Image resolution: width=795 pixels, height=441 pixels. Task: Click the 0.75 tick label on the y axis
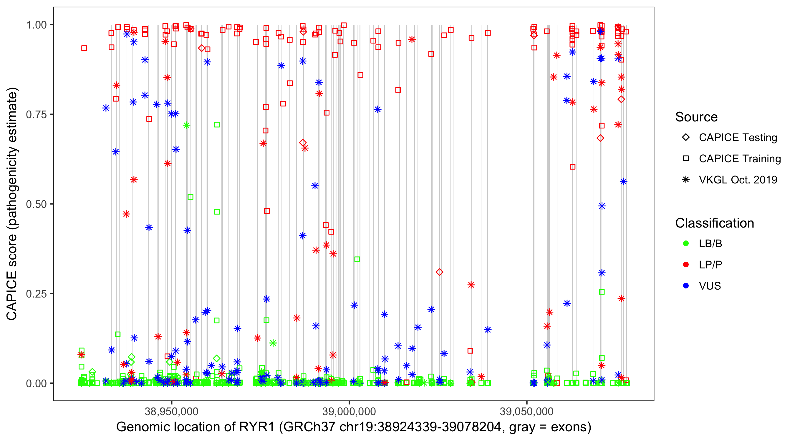tap(36, 115)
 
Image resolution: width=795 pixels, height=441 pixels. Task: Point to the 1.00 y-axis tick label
tap(36, 25)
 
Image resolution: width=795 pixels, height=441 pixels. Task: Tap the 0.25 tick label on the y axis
tap(36, 294)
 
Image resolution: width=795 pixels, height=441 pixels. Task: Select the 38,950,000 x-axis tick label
tap(172, 411)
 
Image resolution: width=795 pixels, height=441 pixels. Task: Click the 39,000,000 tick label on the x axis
tap(349, 411)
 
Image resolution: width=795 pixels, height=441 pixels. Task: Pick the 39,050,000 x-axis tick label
tap(526, 411)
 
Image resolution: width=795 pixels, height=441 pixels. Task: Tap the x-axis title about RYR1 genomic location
tap(354, 427)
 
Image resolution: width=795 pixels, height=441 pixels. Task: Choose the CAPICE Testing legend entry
tap(738, 138)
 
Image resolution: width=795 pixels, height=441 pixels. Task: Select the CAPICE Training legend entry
tap(739, 159)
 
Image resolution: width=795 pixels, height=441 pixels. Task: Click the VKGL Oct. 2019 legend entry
tap(738, 180)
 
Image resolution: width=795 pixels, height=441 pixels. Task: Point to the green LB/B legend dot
tap(686, 243)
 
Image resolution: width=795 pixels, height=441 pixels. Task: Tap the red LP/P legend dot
tap(686, 265)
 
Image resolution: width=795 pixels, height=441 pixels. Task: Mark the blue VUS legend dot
tap(686, 286)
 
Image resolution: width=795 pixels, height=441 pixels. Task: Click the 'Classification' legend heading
tap(714, 223)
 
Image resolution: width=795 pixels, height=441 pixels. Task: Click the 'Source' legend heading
tap(696, 117)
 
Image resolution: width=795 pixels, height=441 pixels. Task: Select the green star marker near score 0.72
tap(186, 126)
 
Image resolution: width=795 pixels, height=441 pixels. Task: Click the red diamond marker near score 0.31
tap(440, 272)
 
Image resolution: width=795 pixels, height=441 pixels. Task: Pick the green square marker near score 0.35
tap(357, 260)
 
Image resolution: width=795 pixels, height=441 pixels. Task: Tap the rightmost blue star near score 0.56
tap(624, 182)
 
